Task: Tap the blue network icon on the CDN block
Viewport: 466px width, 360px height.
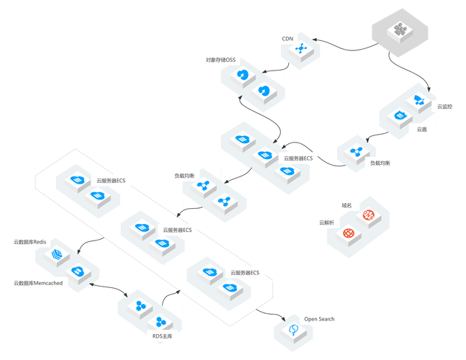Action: (301, 50)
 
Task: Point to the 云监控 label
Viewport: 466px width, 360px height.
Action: (445, 107)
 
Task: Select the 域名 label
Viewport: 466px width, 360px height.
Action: (346, 205)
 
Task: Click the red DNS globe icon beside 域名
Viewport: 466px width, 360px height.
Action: (369, 215)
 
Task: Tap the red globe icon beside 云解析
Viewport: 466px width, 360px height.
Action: (349, 233)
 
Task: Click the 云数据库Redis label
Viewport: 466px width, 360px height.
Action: (30, 241)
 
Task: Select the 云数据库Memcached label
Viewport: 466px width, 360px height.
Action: (37, 284)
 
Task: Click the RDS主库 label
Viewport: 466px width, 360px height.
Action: (162, 336)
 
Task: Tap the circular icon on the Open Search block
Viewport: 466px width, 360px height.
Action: (292, 330)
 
